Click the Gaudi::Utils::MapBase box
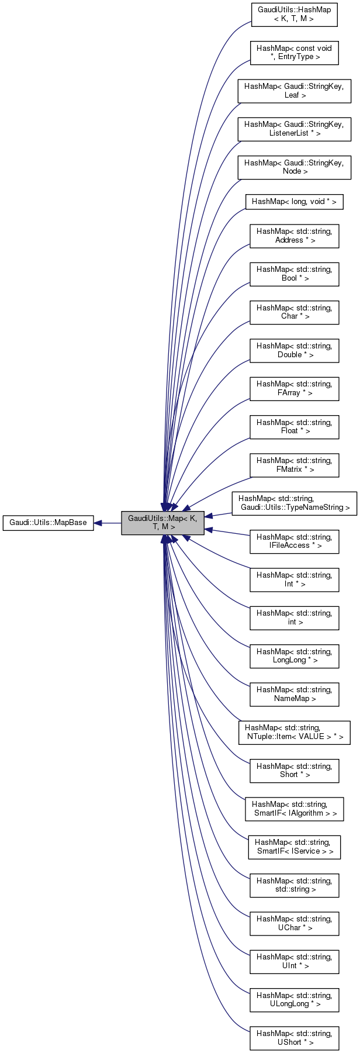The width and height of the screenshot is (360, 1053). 48,523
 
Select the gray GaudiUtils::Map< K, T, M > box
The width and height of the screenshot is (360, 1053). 162,523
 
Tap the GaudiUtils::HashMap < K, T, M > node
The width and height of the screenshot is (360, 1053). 294,15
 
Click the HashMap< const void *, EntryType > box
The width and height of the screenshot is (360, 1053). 294,53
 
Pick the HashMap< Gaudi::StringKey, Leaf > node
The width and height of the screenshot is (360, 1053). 294,91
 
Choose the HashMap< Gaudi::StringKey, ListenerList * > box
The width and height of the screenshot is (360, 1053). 294,129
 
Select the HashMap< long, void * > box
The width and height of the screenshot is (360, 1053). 294,202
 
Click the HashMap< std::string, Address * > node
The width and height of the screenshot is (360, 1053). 294,236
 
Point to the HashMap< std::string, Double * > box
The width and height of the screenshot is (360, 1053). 294,350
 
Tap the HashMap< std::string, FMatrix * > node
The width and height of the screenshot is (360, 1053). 294,465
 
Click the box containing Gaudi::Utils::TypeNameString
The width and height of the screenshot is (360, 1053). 294,503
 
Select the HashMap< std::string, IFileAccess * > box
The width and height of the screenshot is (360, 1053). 294,541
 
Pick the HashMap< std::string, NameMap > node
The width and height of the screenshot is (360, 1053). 294,694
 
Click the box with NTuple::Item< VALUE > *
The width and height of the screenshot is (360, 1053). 294,732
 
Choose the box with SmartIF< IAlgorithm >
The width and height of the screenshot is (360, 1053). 294,809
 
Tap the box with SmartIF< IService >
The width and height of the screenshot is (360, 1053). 294,847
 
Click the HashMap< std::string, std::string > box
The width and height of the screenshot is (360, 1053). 294,885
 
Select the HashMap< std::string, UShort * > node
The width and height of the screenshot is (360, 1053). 294,1038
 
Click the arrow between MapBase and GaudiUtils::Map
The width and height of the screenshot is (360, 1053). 108,523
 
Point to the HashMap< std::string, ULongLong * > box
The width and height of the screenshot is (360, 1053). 294,1000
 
